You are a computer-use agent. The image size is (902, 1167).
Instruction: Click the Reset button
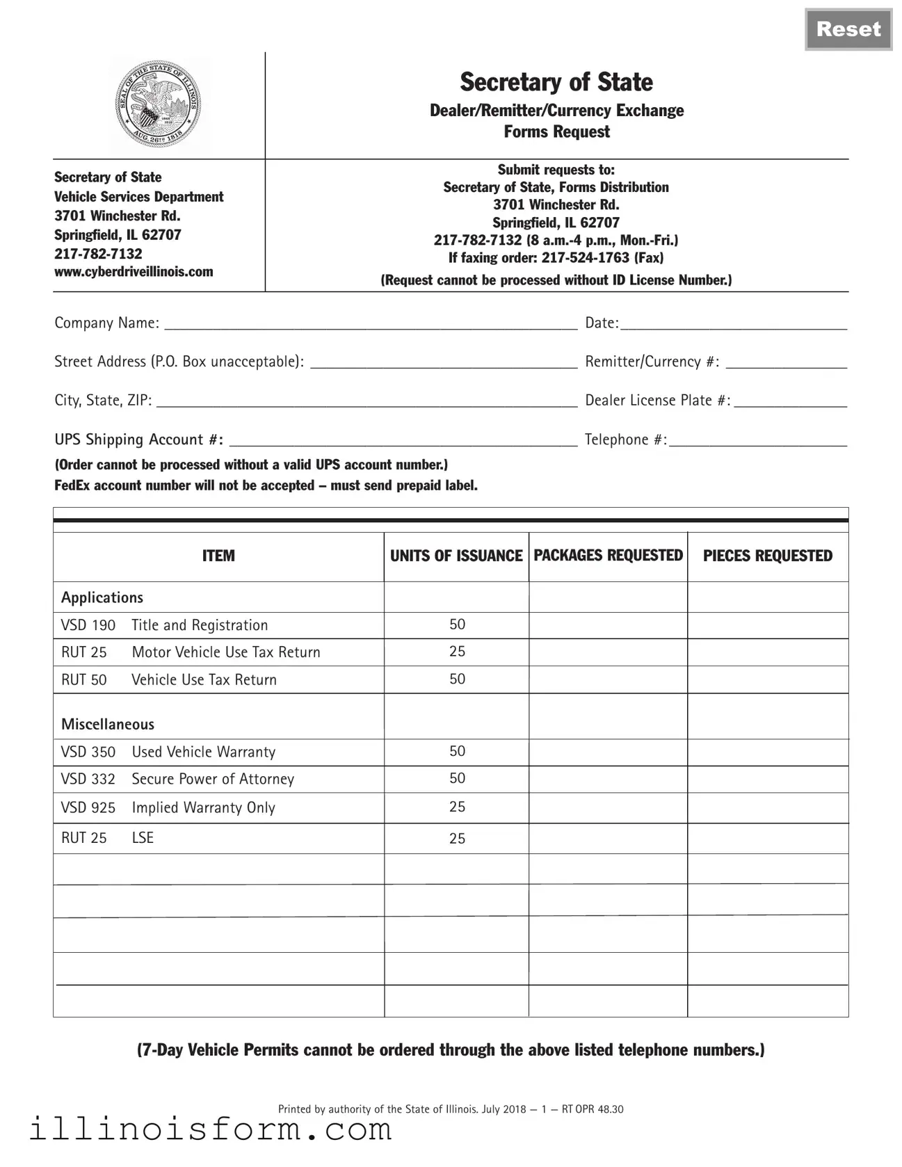coord(848,29)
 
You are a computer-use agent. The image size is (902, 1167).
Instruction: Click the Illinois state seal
coord(159,106)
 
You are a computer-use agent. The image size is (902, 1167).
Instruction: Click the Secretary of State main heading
coord(556,82)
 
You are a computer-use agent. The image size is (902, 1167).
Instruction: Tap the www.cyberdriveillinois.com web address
coord(134,272)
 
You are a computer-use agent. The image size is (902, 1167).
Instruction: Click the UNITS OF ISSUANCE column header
coord(456,556)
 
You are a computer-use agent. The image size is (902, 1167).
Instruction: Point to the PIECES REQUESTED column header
coord(767,556)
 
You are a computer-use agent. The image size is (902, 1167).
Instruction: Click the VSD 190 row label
coord(88,625)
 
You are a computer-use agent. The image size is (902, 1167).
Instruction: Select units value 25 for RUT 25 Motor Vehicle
coord(457,652)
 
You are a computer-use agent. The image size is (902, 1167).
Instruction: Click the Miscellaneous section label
coord(108,724)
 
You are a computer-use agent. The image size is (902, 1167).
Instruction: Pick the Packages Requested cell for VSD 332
coord(608,779)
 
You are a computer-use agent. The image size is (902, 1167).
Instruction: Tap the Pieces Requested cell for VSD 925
coord(767,807)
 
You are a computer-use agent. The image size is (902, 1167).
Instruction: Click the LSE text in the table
coord(143,838)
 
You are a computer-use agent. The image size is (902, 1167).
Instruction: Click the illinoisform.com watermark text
coord(210,1129)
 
